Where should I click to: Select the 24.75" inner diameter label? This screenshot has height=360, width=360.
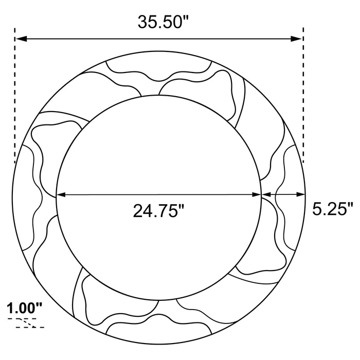point(158,211)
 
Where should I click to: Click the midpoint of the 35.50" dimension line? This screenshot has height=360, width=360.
point(159,39)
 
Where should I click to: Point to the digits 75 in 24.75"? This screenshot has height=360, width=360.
point(166,211)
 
